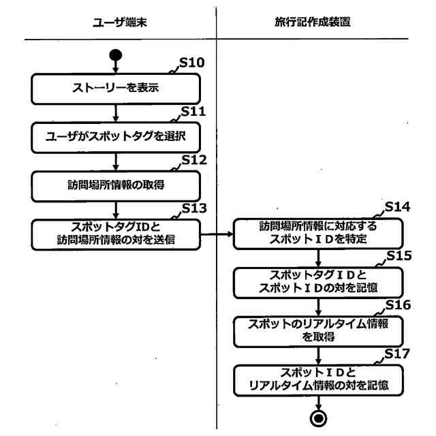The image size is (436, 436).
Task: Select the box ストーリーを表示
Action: pyautogui.click(x=116, y=88)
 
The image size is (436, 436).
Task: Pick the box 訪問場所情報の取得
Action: pyautogui.click(x=116, y=184)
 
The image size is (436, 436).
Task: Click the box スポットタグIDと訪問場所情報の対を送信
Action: pyautogui.click(x=116, y=234)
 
